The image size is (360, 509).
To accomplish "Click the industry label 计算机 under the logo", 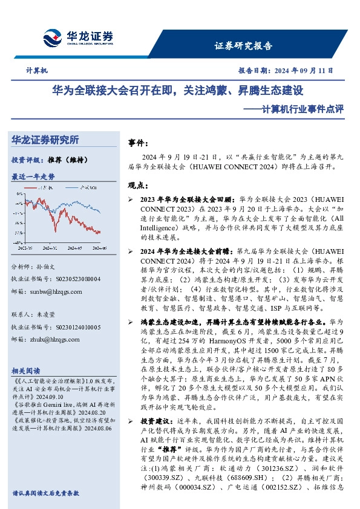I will [36, 71].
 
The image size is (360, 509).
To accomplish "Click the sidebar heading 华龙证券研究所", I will [45, 140].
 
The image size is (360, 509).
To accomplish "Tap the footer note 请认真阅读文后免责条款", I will [46, 493].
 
